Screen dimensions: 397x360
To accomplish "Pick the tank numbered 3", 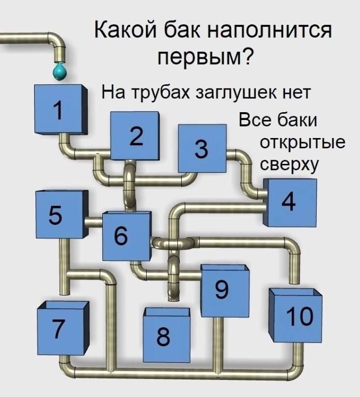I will [202, 149].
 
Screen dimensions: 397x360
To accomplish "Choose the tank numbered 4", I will [289, 203].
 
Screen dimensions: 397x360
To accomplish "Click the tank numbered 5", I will [61, 215].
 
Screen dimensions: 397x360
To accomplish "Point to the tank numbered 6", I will [126, 236].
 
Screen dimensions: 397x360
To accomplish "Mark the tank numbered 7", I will [61, 329].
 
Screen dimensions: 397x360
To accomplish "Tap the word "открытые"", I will [302, 142].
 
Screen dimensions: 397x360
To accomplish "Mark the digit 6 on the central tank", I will [120, 236].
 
